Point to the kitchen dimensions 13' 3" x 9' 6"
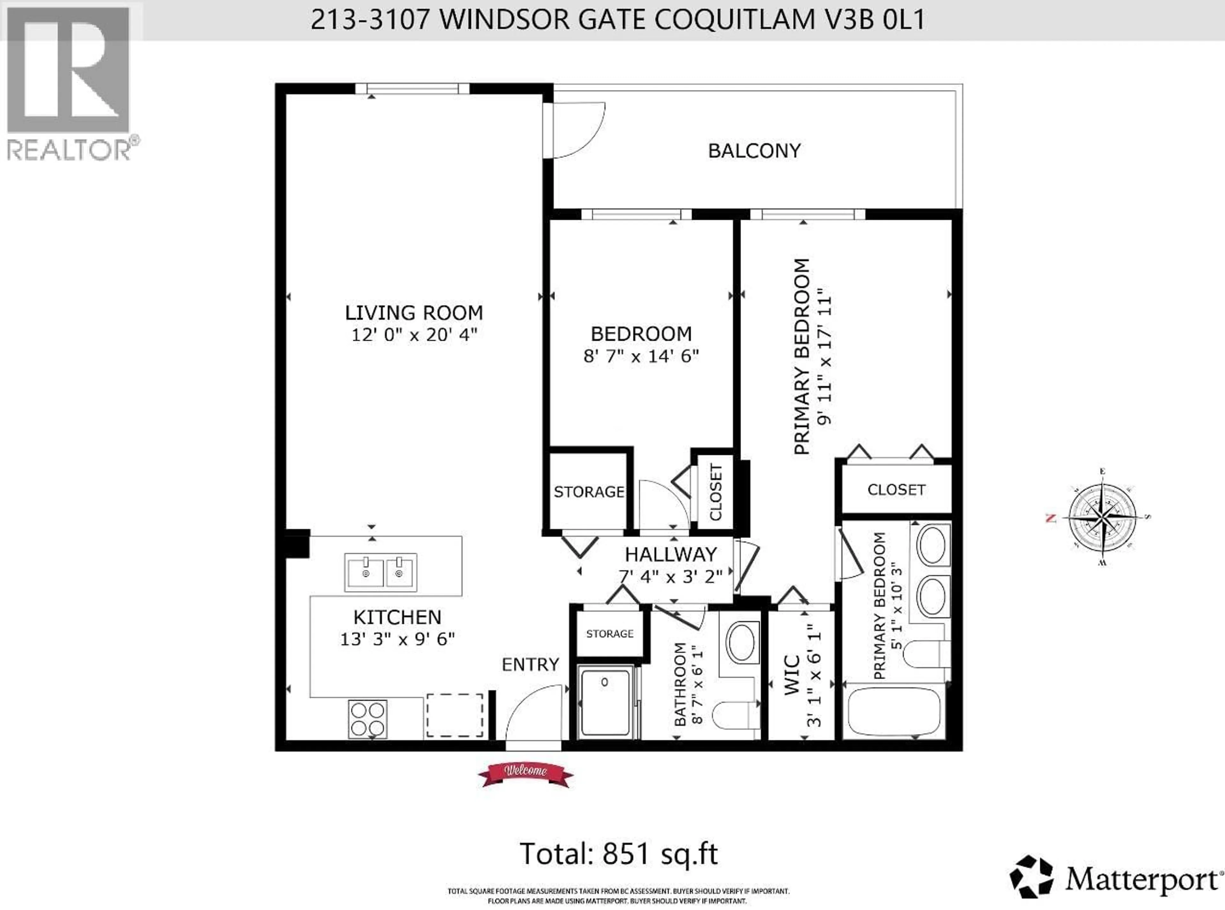coord(397,639)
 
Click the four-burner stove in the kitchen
coord(367,719)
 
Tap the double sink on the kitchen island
coord(381,572)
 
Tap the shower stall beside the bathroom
coord(605,701)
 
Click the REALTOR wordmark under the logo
coord(69,149)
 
